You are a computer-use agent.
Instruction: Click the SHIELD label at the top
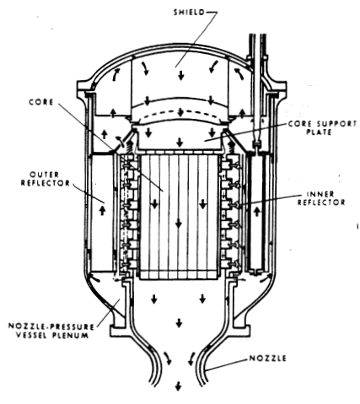tap(189, 13)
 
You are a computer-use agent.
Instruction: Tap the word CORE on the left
tap(41, 102)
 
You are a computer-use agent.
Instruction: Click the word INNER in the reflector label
tap(320, 194)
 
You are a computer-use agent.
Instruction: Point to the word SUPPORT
tap(336, 124)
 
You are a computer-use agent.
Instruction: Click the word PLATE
tap(319, 132)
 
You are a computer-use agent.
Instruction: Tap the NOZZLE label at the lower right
tap(268, 358)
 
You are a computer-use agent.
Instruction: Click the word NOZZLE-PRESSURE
tap(51, 326)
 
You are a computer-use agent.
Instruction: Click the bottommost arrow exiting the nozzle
tap(178, 386)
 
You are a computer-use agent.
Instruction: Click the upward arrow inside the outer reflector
tap(102, 210)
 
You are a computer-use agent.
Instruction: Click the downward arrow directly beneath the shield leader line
tap(181, 74)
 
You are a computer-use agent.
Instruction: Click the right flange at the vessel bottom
tap(241, 331)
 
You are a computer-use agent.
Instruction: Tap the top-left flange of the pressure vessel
tap(84, 86)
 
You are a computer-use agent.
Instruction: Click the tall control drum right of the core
tap(256, 213)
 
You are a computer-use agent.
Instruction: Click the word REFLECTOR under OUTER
tap(46, 183)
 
